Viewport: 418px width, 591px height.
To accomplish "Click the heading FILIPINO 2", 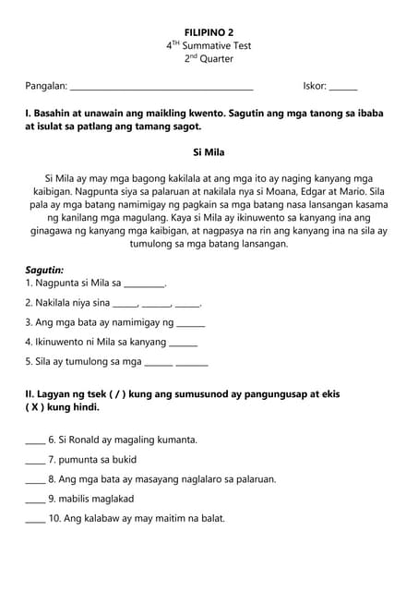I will click(209, 31).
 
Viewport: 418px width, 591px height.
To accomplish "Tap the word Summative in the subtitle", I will click(209, 45).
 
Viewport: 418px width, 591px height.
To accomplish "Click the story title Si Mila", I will click(209, 151).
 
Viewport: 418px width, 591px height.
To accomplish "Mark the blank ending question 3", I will click(191, 325).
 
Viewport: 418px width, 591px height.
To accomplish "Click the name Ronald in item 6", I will click(88, 440).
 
